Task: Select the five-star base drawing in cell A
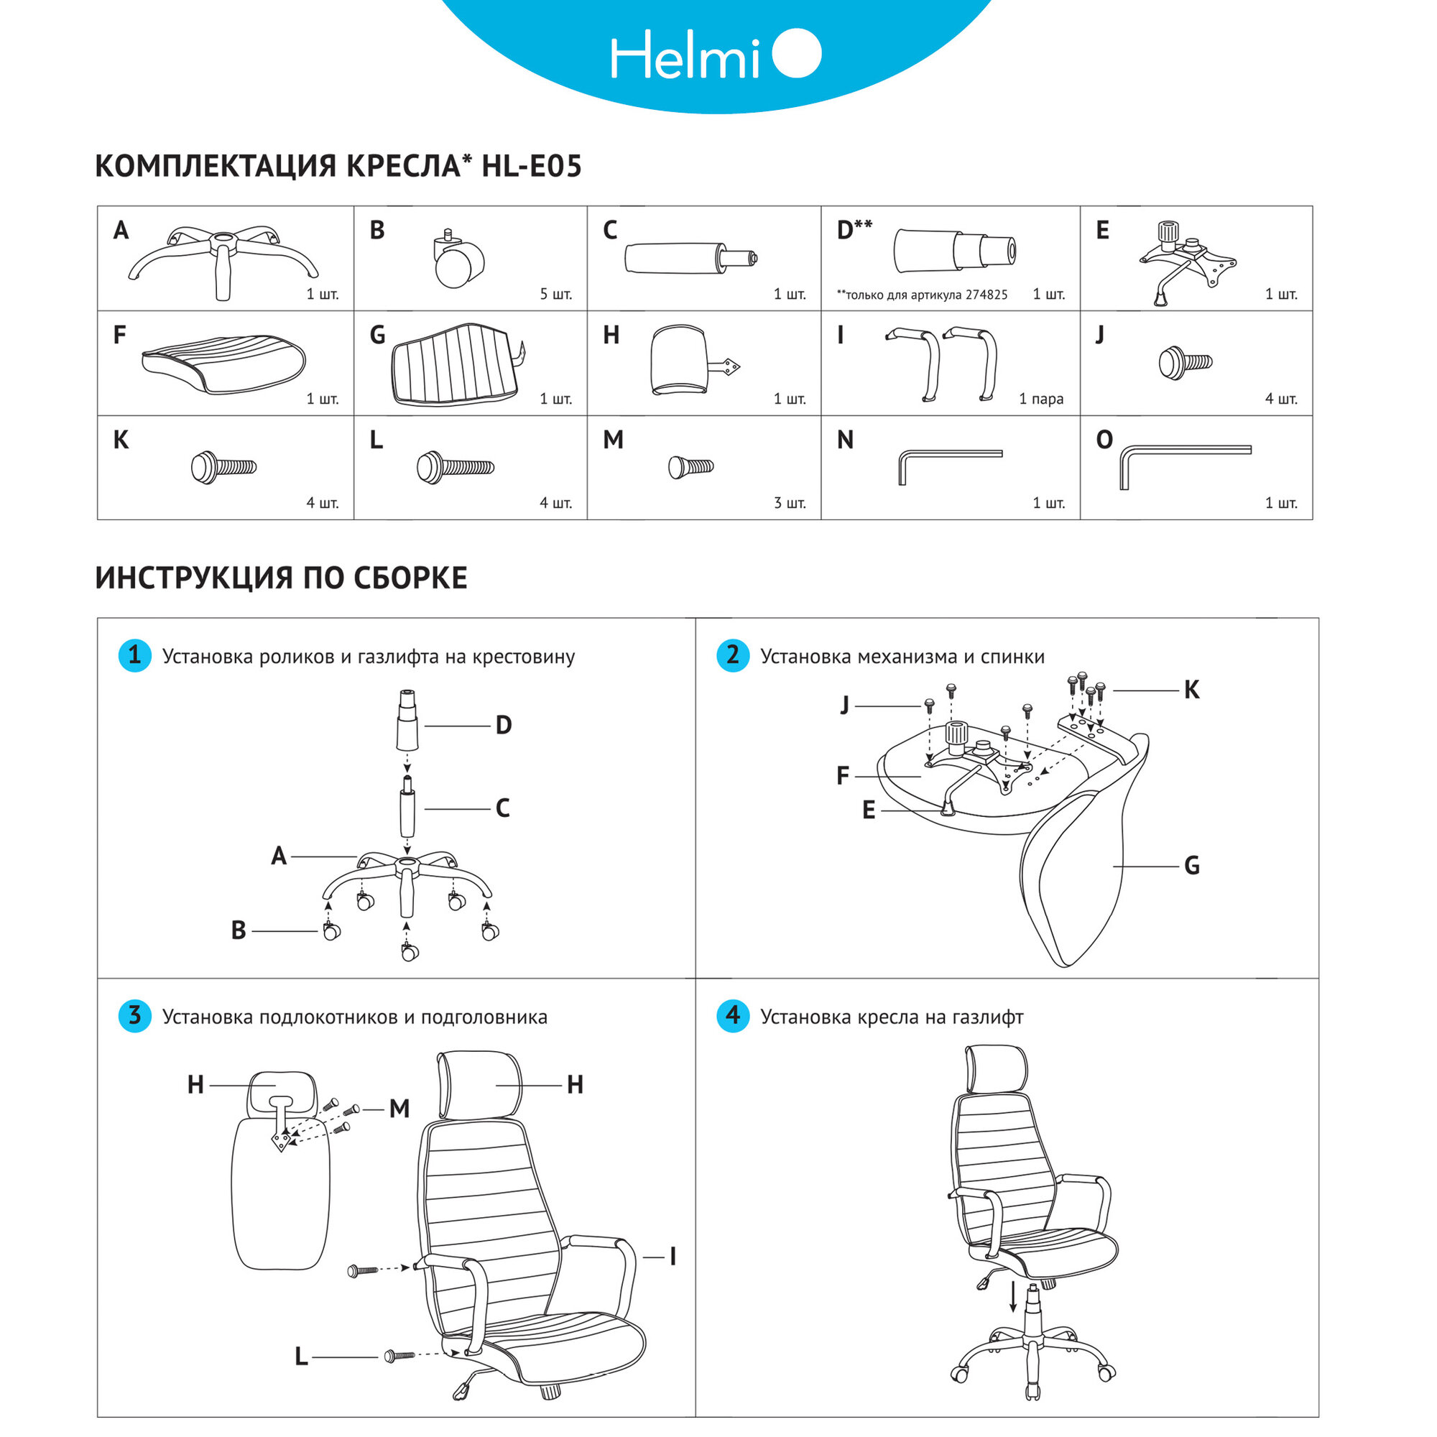coord(223,257)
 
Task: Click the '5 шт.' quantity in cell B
coord(555,295)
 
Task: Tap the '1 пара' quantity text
coord(1040,399)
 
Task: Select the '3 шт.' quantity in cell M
coord(789,504)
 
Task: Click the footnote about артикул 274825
coord(922,295)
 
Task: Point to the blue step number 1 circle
coord(134,655)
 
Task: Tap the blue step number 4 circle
coord(733,1015)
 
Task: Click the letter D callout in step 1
coord(504,725)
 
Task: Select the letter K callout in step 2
coord(1191,690)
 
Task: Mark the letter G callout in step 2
coord(1191,866)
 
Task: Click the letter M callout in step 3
coord(399,1109)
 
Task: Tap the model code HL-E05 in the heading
coord(531,166)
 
